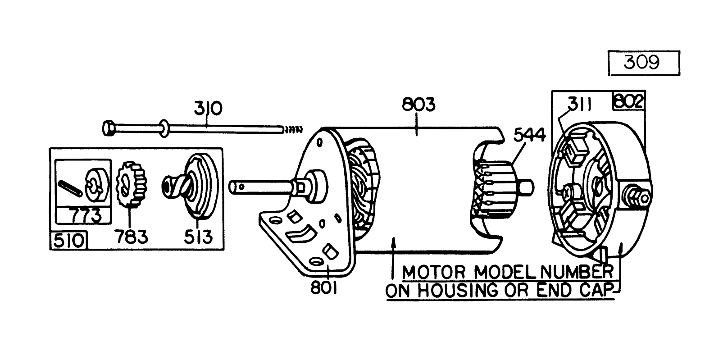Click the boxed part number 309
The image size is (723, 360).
tap(643, 63)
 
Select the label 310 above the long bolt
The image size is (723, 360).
tap(208, 109)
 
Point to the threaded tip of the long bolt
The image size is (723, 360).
tap(292, 130)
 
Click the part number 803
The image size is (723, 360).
tap(418, 105)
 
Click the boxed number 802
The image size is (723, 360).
tap(629, 101)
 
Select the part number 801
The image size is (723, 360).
tap(323, 287)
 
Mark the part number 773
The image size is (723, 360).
tap(86, 216)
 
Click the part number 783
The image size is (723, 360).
tap(131, 236)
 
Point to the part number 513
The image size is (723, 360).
tap(198, 236)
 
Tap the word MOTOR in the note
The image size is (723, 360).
tap(433, 273)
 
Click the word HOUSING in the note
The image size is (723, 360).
tap(458, 291)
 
